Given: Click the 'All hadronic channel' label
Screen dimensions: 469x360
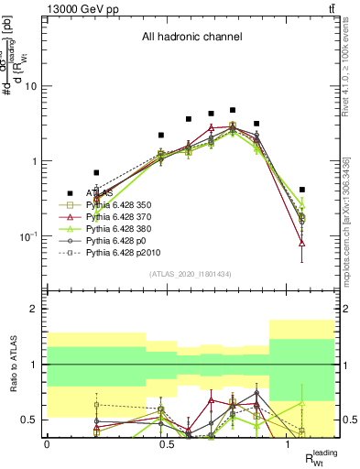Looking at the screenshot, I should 190,38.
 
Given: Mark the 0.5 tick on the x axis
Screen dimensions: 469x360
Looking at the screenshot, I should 168,444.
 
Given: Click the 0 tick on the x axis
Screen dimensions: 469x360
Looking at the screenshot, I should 47,444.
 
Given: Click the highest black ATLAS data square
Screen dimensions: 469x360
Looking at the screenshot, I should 233,110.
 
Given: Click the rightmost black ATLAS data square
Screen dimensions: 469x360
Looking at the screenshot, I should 302,190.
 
